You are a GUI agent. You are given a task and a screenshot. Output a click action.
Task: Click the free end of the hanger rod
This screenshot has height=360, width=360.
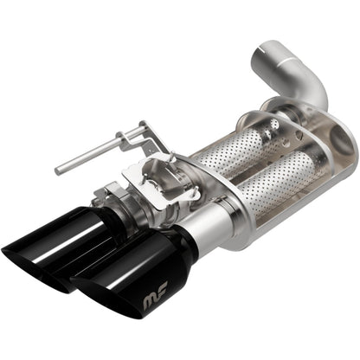[59, 170]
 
